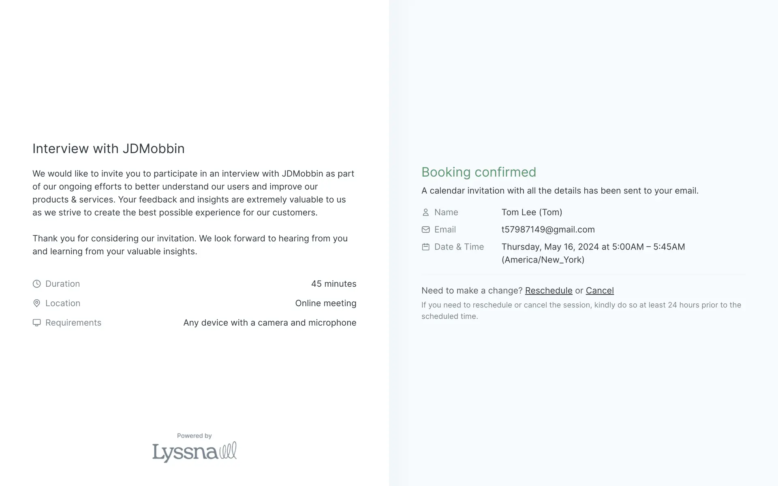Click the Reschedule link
548,290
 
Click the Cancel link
599,290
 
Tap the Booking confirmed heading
479,172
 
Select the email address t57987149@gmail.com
548,230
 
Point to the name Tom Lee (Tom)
532,212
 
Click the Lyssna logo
194,452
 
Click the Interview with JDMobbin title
108,149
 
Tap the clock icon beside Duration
36,284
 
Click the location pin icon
36,303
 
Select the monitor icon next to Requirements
36,323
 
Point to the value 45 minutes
333,284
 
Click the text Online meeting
325,303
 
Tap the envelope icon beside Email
425,230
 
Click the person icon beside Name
425,212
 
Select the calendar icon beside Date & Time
425,247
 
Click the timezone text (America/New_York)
543,260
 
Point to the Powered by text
194,436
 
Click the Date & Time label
459,247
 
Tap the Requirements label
73,323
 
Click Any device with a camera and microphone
269,323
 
